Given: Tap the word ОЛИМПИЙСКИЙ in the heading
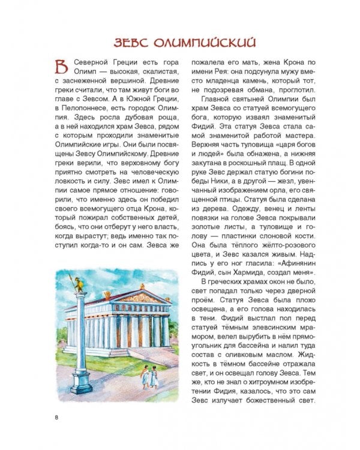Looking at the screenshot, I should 204,42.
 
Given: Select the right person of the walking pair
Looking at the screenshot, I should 154,377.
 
